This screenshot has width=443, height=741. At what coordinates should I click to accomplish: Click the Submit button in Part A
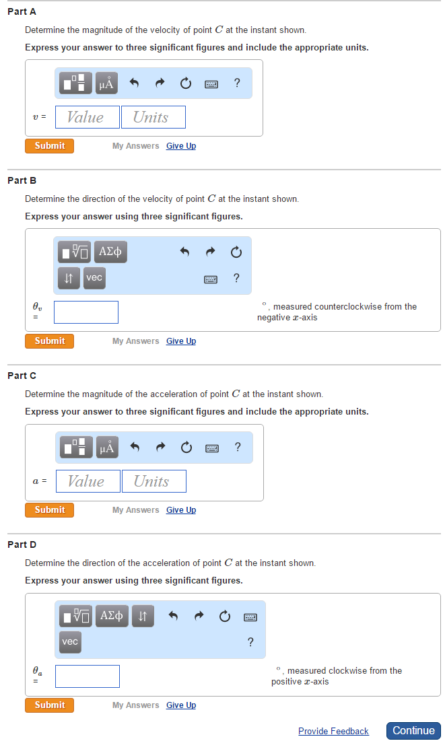coord(49,146)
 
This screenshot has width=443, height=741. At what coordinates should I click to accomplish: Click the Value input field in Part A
coord(87,117)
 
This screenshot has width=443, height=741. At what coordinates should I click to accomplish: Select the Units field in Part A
coord(153,117)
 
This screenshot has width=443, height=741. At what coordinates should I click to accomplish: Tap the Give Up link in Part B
coord(181,341)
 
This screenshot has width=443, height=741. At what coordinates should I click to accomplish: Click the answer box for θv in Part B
coord(86,312)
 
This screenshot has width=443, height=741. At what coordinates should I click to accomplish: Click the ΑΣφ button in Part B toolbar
coord(110,252)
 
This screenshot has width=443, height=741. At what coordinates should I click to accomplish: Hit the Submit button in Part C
coord(49,510)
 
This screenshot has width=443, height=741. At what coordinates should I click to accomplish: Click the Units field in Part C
coord(154,481)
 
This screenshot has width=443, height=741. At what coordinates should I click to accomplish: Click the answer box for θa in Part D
coord(88,676)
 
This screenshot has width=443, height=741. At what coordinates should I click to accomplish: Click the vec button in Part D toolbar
coord(70,642)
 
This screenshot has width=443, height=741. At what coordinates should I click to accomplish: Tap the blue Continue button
coord(413,730)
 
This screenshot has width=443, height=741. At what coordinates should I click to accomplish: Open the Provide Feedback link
coord(333,731)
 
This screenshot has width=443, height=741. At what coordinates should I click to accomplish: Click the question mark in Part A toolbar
coord(237,83)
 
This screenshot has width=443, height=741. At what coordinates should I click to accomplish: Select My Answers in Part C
coord(135,510)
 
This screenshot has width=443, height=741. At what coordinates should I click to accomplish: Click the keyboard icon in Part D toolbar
coord(250,616)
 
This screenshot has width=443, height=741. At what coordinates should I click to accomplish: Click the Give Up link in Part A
coord(181,146)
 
